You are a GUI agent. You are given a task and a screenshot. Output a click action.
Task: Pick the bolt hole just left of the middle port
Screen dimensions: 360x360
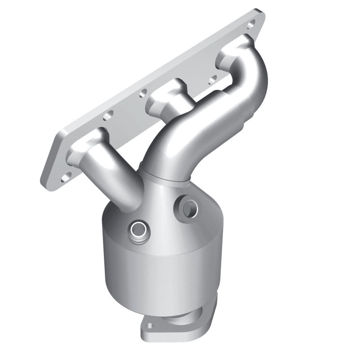click(143, 94)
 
